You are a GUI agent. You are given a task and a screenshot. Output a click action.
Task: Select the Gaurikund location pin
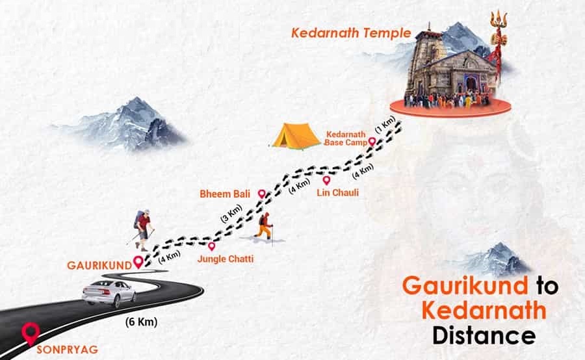138,262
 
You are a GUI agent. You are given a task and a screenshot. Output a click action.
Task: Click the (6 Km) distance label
141,322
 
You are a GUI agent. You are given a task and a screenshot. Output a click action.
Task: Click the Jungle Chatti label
225,259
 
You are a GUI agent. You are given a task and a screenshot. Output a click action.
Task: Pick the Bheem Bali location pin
261,194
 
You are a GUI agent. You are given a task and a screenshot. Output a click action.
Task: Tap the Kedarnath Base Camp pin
372,141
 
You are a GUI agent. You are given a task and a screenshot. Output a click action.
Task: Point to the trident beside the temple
499,45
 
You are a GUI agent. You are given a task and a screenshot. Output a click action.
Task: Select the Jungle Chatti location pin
211,246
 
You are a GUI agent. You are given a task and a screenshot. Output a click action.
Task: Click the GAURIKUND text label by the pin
99,265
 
